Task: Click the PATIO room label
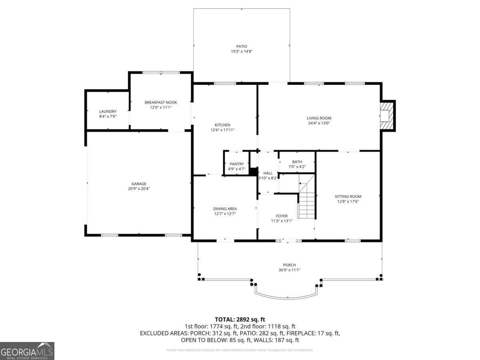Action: [x=241, y=46]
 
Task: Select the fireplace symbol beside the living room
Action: [x=386, y=116]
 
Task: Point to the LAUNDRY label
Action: [x=108, y=111]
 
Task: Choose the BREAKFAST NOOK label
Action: [x=160, y=102]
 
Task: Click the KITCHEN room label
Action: [x=222, y=125]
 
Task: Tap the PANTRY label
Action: [x=236, y=164]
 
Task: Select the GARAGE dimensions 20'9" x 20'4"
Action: [x=139, y=189]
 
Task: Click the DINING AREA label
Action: [x=225, y=209]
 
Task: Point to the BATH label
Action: [x=297, y=162]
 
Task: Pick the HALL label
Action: [x=268, y=173]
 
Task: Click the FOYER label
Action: [x=282, y=216]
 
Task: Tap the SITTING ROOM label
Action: [x=348, y=196]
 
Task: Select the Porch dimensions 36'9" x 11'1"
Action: [x=289, y=270]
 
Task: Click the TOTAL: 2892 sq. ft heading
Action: [x=240, y=319]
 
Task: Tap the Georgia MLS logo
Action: [x=27, y=351]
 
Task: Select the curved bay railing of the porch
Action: [x=287, y=297]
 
